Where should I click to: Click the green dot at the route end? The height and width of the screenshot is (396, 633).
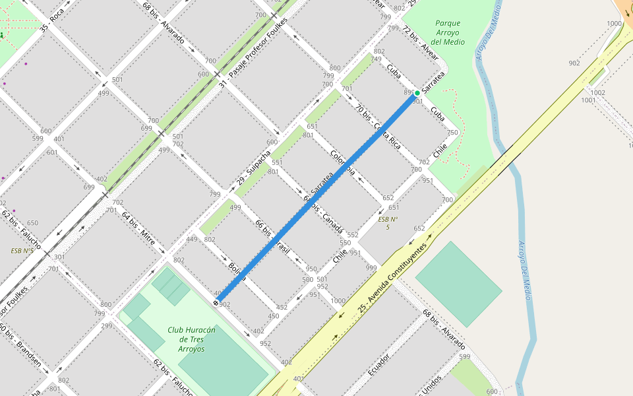coord(417,93)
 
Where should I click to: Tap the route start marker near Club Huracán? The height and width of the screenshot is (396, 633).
coord(216,302)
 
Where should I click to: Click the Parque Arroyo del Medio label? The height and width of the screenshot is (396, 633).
coord(448,32)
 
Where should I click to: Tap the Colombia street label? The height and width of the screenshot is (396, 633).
coord(343,162)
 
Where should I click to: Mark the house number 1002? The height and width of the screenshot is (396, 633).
coord(597,93)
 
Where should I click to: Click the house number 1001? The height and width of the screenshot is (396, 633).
coord(588,100)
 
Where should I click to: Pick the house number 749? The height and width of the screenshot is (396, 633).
coord(376,59)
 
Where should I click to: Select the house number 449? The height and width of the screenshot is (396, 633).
coord(192,240)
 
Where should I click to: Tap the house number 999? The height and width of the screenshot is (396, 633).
coord(371,268)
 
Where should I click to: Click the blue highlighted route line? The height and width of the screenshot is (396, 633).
coord(316,198)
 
